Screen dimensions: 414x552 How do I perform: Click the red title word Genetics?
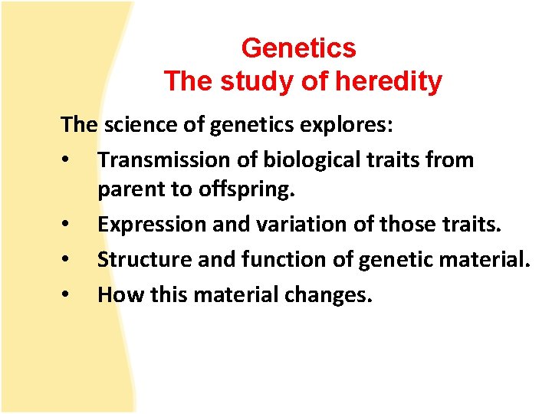pyautogui.click(x=298, y=48)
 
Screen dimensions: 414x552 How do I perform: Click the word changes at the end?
pyautogui.click(x=327, y=294)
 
